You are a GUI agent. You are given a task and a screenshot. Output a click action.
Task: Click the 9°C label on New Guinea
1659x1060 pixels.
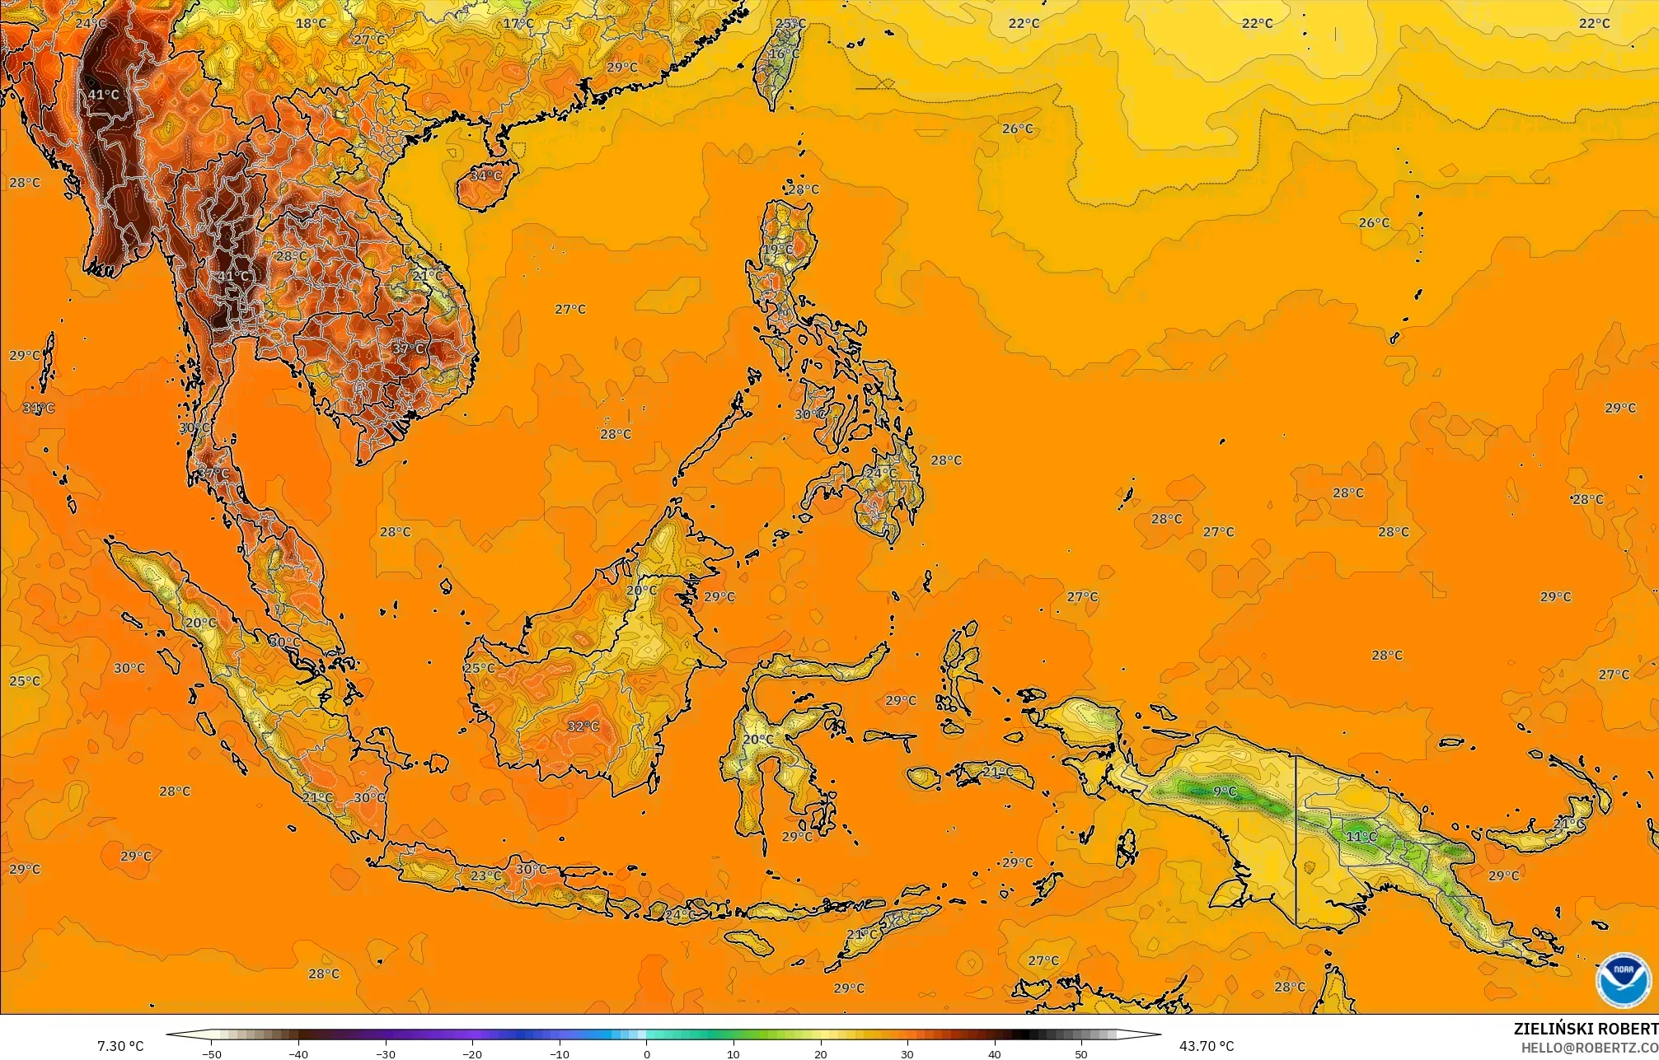[x=1225, y=791]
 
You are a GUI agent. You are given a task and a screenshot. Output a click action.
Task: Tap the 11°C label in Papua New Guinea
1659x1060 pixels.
[x=1361, y=837]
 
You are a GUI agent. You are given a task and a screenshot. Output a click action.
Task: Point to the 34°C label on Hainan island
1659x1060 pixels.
[x=485, y=175]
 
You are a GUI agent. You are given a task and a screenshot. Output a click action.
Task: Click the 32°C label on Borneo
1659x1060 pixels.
[x=583, y=726]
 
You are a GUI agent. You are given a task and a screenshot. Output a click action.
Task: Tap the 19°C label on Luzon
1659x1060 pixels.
[x=777, y=250]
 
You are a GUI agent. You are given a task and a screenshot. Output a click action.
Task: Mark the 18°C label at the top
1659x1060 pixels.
[x=311, y=23]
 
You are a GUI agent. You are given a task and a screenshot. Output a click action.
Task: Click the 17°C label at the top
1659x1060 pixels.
[x=518, y=23]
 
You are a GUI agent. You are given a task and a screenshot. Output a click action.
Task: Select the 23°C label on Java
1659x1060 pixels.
[x=485, y=876]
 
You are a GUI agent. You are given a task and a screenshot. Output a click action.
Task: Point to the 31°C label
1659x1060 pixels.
[x=38, y=408]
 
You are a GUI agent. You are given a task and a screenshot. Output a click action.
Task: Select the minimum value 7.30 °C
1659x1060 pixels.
[x=120, y=1046]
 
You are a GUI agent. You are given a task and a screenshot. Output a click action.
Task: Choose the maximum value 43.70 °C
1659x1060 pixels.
[x=1207, y=1046]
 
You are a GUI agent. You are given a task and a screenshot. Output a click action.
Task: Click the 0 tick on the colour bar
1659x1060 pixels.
[x=647, y=1054]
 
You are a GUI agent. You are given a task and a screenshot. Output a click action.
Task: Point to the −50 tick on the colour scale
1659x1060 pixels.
[x=212, y=1054]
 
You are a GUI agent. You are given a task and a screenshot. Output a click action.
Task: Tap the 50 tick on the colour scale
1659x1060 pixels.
[x=1081, y=1054]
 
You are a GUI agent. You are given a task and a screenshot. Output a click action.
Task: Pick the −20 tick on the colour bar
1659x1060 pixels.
[x=472, y=1054]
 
